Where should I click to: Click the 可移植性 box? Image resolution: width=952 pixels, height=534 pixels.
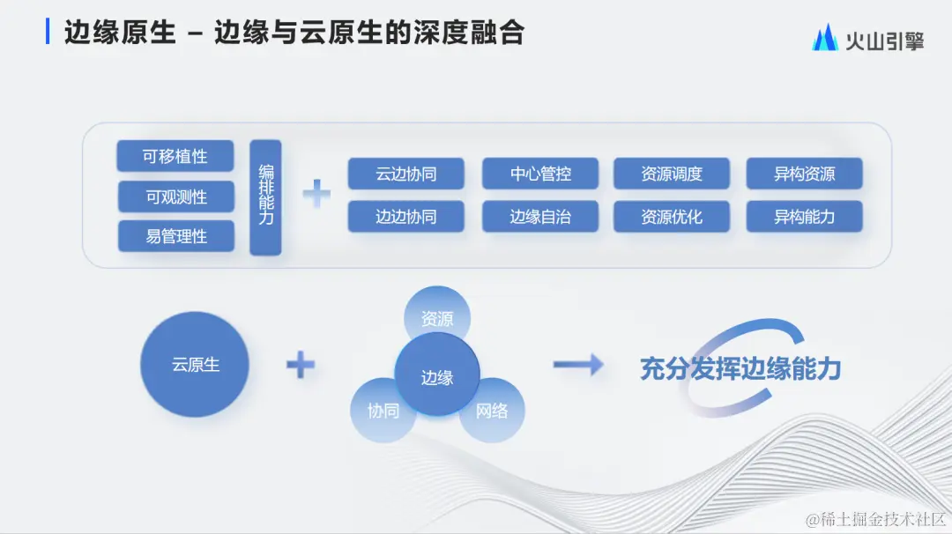[x=175, y=156]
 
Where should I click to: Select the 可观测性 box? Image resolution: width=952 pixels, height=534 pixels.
[x=175, y=197]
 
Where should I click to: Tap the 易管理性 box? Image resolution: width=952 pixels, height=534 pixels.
[x=175, y=236]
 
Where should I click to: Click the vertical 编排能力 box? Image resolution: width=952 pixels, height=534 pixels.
[x=265, y=197]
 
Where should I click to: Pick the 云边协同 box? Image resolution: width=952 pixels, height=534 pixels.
[x=405, y=174]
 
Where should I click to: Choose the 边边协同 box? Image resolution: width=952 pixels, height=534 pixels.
[x=405, y=216]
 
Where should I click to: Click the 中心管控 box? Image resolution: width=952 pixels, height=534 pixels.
[x=539, y=174]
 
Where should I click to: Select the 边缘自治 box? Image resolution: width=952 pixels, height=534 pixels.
[x=539, y=216]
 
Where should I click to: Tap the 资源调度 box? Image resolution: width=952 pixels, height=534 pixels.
[x=672, y=174]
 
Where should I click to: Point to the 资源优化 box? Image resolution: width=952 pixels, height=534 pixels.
[x=672, y=216]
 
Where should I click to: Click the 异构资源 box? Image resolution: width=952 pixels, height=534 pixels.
[x=804, y=174]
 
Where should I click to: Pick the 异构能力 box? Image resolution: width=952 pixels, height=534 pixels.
[x=804, y=216]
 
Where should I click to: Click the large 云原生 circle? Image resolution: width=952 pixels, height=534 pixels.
[x=195, y=364]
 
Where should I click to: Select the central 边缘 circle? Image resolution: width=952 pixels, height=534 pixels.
[x=437, y=377]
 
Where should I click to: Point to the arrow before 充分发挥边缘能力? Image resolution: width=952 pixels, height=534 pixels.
[x=578, y=364]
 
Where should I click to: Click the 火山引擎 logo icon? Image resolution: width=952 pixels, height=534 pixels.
[x=825, y=38]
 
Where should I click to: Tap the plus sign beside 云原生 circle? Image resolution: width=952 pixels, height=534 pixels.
[x=301, y=364]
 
